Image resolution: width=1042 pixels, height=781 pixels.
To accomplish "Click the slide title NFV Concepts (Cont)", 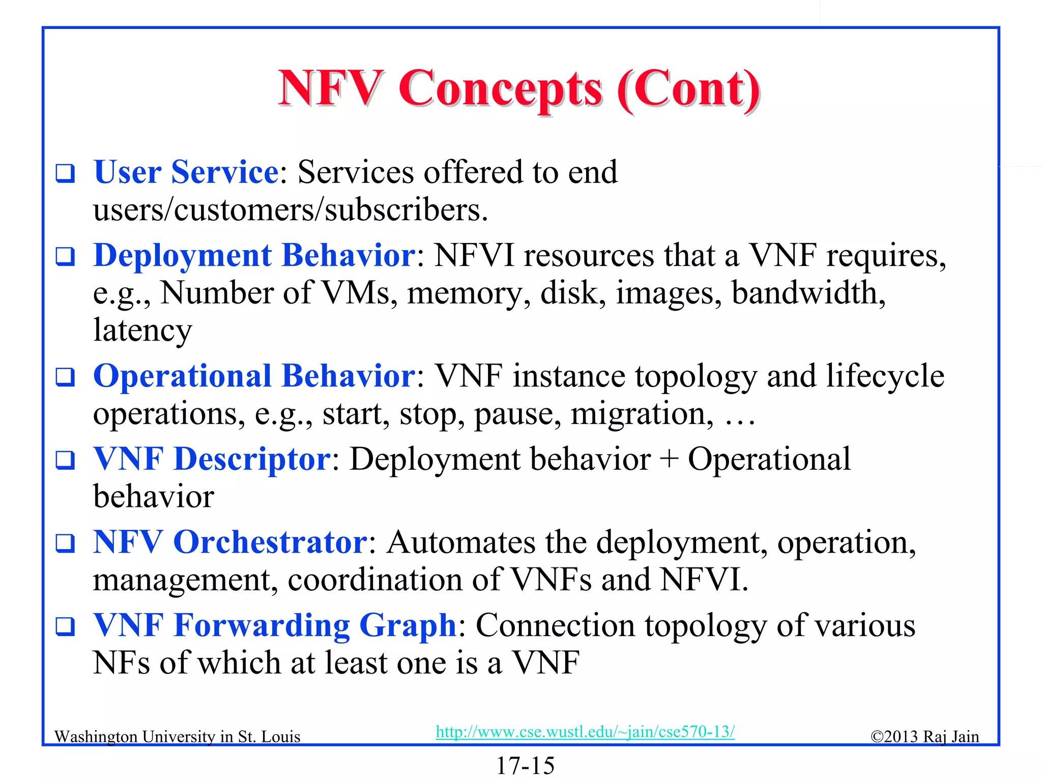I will pyautogui.click(x=519, y=89).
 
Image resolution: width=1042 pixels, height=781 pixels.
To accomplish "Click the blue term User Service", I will pyautogui.click(x=186, y=172).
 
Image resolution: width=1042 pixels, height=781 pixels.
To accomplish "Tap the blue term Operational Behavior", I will pyautogui.click(x=254, y=376).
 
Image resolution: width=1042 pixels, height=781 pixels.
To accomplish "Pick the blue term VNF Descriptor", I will pyautogui.click(x=212, y=459).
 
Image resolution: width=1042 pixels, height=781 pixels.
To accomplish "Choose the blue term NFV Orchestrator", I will pyautogui.click(x=230, y=542).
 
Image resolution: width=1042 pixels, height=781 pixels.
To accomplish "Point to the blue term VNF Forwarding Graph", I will pyautogui.click(x=275, y=625).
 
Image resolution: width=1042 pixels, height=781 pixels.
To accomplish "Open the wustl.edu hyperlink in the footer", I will pyautogui.click(x=585, y=732).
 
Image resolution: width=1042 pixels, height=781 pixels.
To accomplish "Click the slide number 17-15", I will pyautogui.click(x=525, y=765).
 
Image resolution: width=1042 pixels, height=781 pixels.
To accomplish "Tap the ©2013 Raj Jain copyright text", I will pyautogui.click(x=924, y=737).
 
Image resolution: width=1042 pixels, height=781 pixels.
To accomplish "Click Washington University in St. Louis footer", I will pyautogui.click(x=177, y=737).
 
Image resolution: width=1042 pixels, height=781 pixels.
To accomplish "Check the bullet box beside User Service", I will pyautogui.click(x=65, y=173).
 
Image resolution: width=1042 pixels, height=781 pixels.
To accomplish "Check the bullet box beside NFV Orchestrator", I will pyautogui.click(x=65, y=543).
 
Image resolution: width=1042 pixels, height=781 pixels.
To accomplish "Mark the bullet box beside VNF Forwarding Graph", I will pyautogui.click(x=65, y=626).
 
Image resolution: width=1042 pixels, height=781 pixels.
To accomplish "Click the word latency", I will pyautogui.click(x=142, y=331).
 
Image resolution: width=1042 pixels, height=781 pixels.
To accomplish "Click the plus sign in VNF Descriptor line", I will pyautogui.click(x=669, y=460).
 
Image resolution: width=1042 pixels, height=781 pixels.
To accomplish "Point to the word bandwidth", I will pyautogui.click(x=808, y=293).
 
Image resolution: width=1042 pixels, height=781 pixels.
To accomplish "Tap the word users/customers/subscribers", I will pyautogui.click(x=290, y=210).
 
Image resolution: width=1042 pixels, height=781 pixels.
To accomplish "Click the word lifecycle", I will pyautogui.click(x=885, y=377).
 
